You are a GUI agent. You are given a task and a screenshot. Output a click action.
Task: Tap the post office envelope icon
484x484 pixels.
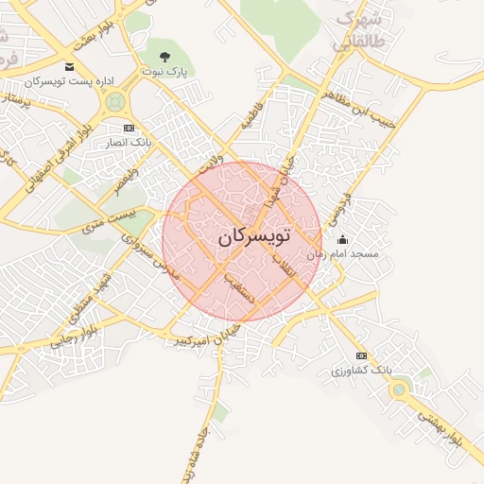(x=69, y=66)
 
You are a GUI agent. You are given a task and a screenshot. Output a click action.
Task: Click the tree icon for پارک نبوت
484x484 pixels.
(x=165, y=57)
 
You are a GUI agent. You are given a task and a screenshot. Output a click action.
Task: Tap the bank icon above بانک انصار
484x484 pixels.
(x=129, y=128)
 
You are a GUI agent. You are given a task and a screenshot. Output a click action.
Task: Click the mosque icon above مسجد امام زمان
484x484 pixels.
(x=342, y=240)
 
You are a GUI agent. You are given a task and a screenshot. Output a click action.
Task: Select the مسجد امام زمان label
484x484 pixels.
(x=350, y=254)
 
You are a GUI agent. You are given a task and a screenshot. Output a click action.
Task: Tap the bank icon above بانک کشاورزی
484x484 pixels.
(x=360, y=355)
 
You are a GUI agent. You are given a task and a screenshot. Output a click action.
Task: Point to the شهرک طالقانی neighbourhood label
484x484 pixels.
(x=360, y=31)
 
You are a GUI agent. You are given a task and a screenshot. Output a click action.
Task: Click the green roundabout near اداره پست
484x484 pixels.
(x=116, y=101)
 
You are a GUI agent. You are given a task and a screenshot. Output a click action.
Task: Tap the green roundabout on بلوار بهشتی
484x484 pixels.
(x=400, y=389)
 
